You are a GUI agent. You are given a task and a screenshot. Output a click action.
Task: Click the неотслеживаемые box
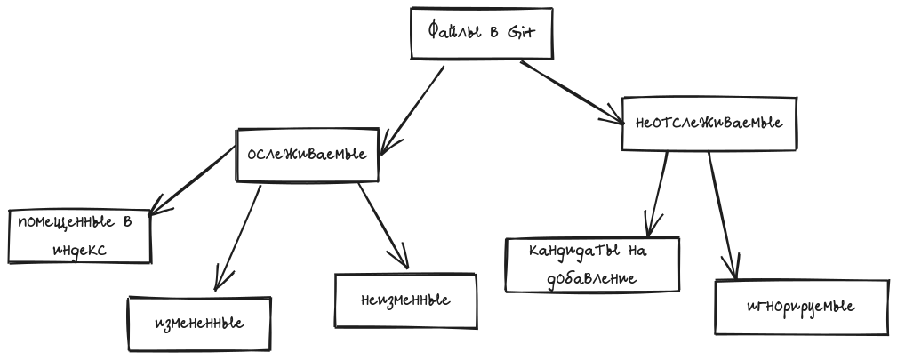(709, 123)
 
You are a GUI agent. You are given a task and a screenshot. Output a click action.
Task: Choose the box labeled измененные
(197, 323)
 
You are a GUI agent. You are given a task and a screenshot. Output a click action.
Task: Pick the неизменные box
(405, 300)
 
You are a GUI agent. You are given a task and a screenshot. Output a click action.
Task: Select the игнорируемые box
(800, 308)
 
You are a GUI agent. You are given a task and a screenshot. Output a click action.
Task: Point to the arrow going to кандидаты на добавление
(660, 192)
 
